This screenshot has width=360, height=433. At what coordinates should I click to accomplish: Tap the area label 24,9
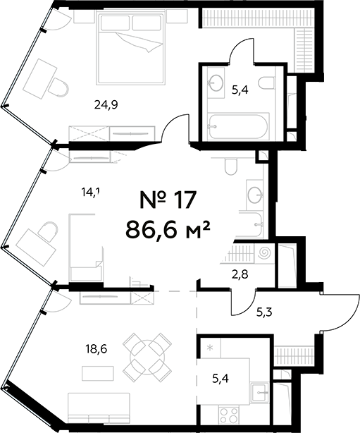(x=106, y=105)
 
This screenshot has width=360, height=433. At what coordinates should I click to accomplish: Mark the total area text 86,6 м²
(x=168, y=228)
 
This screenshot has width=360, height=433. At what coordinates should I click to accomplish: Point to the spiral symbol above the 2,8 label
(x=265, y=252)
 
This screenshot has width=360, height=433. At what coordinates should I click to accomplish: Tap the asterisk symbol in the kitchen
(x=210, y=348)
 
